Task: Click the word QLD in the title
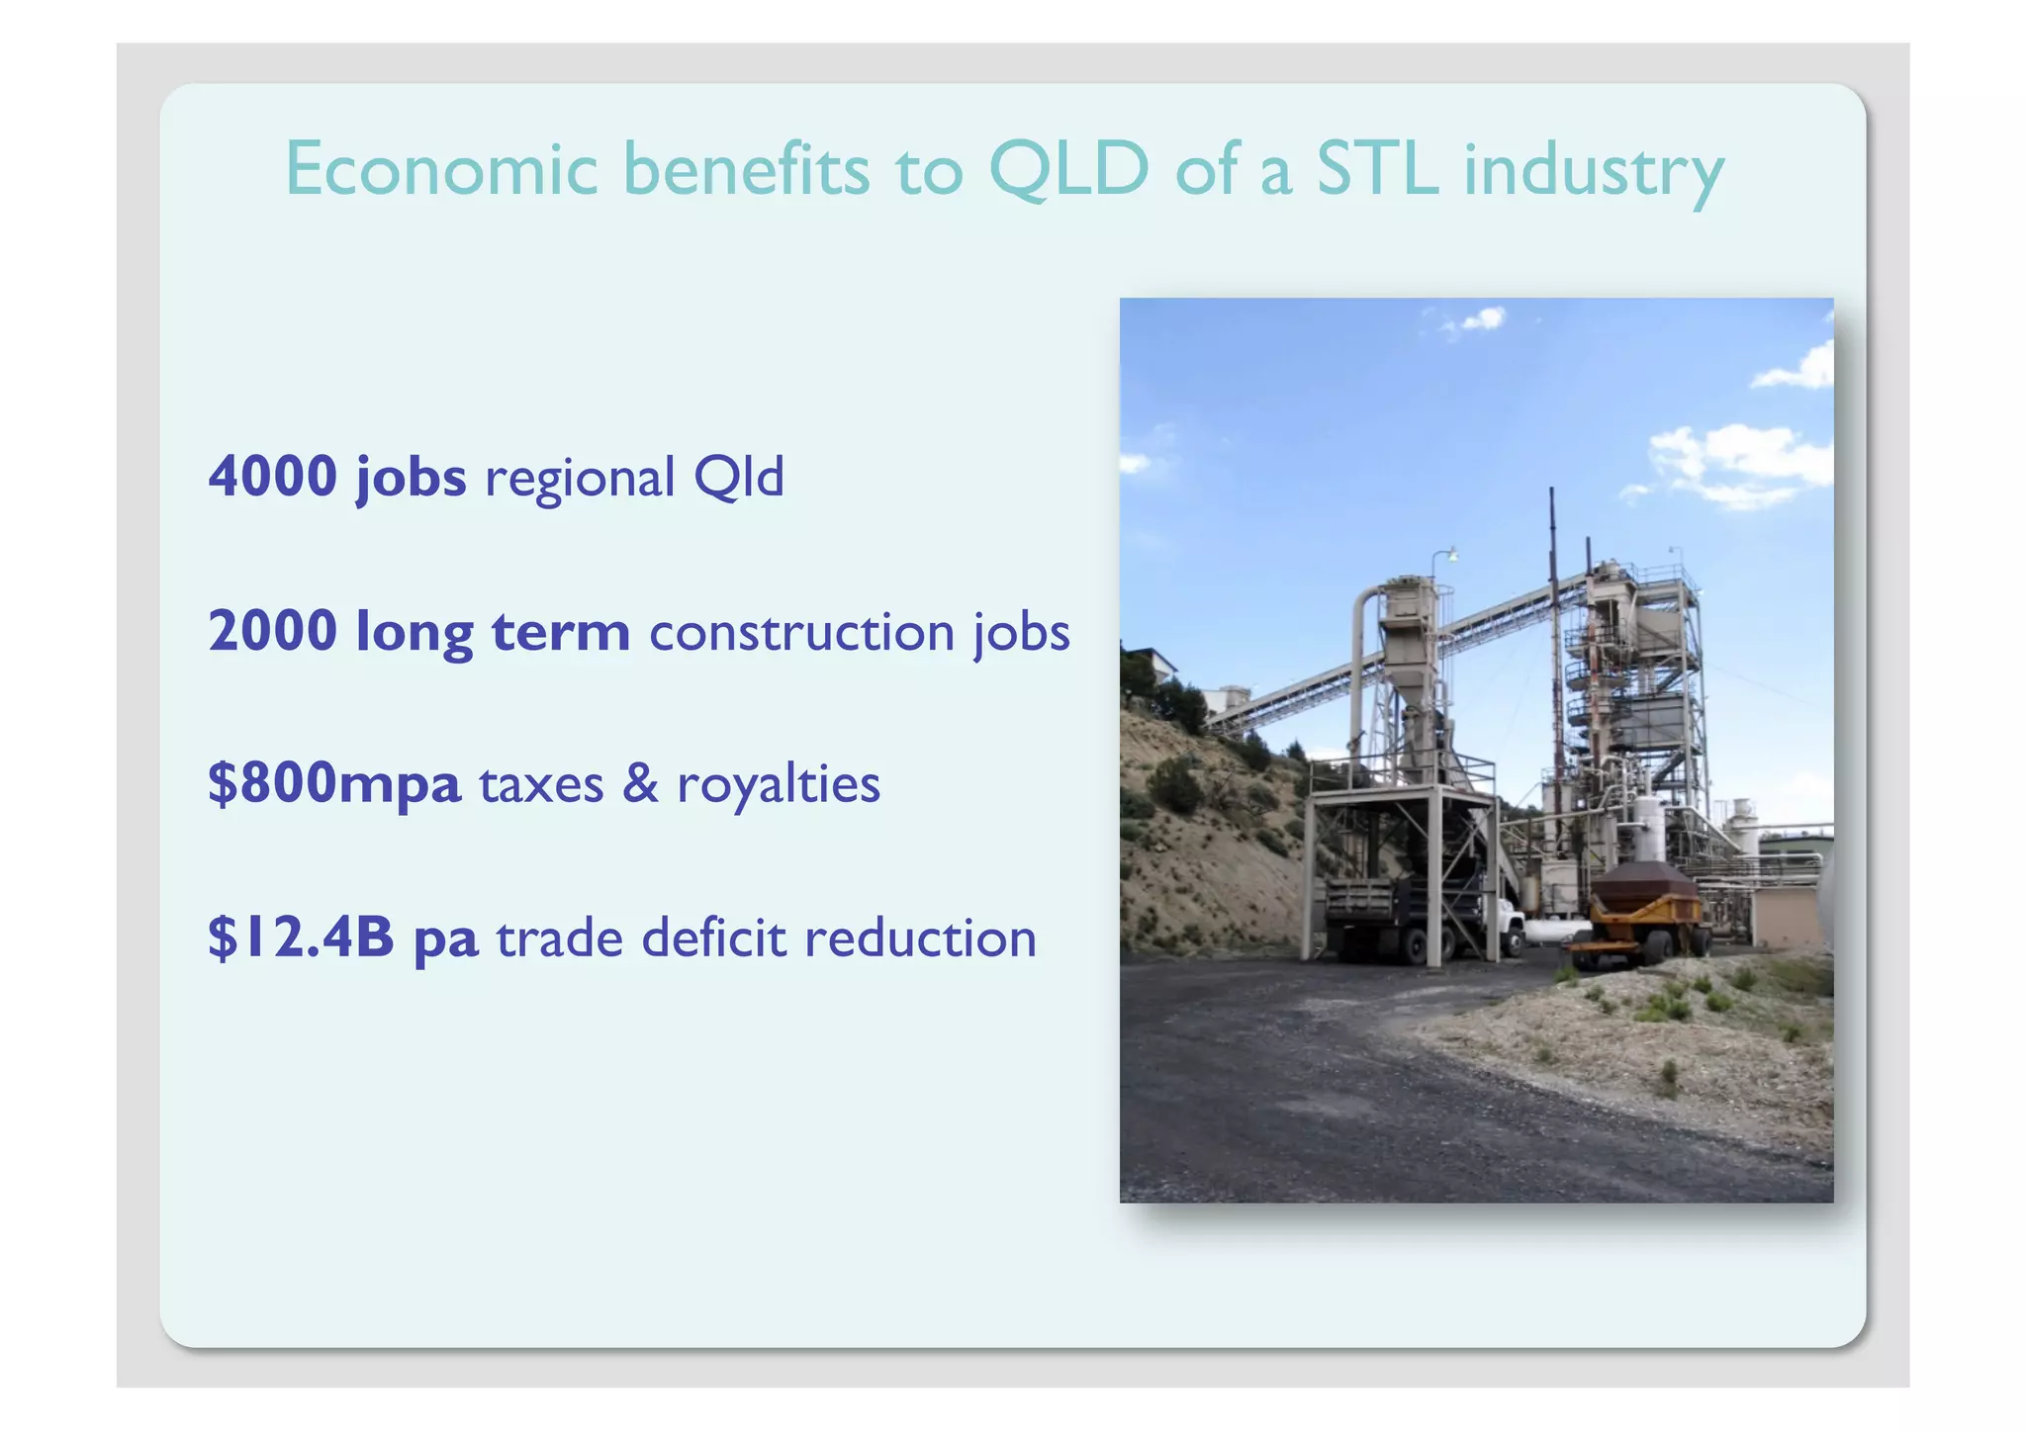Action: coord(1068,170)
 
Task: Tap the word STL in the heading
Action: coord(1377,170)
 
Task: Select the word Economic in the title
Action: coord(441,170)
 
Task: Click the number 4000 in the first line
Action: coord(273,477)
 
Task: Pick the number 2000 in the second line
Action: coord(273,631)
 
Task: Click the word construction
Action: coord(801,633)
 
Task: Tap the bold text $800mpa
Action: coord(334,784)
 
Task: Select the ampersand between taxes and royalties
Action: coord(640,784)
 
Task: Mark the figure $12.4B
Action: coord(301,938)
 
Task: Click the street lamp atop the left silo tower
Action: coord(1449,555)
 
